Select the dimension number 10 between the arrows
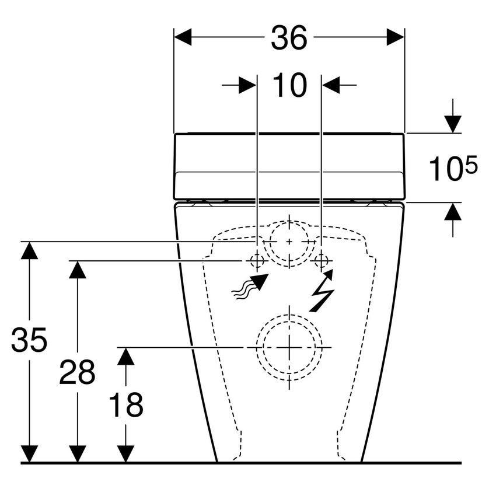pyautogui.click(x=289, y=86)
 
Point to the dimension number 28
pyautogui.click(x=76, y=372)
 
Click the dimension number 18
pyautogui.click(x=125, y=404)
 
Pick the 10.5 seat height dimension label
pyautogui.click(x=453, y=169)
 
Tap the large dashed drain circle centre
pyautogui.click(x=289, y=347)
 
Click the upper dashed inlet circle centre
pyautogui.click(x=289, y=241)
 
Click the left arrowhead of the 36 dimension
pyautogui.click(x=183, y=38)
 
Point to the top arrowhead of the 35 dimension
pyautogui.click(x=29, y=250)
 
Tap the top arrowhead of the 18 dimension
pyautogui.click(x=125, y=355)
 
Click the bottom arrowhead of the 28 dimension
pyautogui.click(x=77, y=454)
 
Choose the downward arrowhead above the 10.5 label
pyautogui.click(x=452, y=124)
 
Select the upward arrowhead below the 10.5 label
pyautogui.click(x=452, y=212)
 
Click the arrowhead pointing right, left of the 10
pyautogui.click(x=247, y=86)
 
